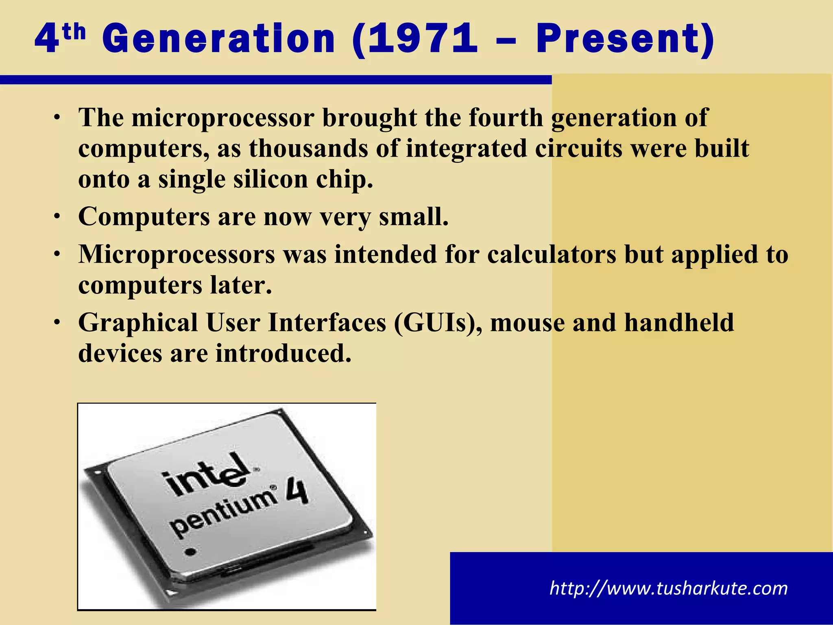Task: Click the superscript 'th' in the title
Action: pyautogui.click(x=74, y=33)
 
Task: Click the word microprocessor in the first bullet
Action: pyautogui.click(x=223, y=118)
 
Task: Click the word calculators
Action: pyautogui.click(x=552, y=255)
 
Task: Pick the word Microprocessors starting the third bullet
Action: pyautogui.click(x=177, y=255)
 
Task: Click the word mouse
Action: pyautogui.click(x=528, y=323)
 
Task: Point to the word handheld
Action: pyautogui.click(x=679, y=323)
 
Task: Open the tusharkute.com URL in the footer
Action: pyautogui.click(x=668, y=588)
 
